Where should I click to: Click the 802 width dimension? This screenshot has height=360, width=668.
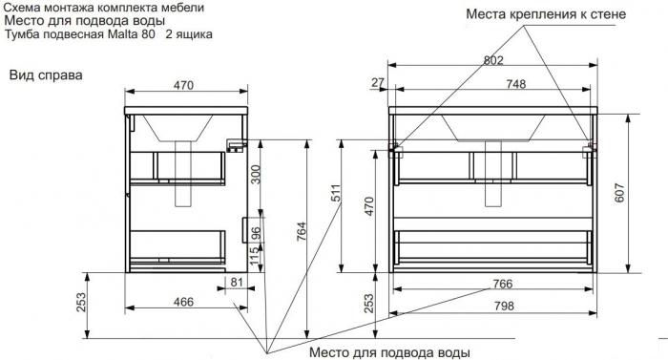click(493, 60)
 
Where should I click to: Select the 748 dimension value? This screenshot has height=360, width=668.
click(516, 84)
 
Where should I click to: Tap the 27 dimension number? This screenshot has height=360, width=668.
click(378, 82)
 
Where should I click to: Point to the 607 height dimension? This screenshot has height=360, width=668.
click(619, 193)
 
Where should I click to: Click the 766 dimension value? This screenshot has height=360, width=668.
click(502, 284)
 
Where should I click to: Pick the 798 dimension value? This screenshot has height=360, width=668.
click(504, 306)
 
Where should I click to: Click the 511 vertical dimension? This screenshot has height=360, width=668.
click(336, 193)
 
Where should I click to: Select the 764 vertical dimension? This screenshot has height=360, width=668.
click(302, 232)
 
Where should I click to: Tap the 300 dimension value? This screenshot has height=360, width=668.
click(255, 174)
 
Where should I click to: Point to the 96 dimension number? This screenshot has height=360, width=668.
click(255, 233)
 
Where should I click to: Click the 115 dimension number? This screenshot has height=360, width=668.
click(255, 256)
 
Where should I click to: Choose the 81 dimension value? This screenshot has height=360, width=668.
click(237, 282)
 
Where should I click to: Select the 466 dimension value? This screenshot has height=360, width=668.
click(183, 302)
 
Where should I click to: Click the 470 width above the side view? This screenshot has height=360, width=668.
click(183, 85)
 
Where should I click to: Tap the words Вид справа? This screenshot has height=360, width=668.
click(46, 75)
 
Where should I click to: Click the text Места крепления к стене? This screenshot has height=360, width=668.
click(546, 14)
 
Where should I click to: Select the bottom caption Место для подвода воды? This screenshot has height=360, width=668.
click(389, 352)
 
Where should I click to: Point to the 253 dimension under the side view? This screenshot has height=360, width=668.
click(81, 302)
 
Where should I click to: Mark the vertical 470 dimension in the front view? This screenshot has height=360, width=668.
click(369, 206)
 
